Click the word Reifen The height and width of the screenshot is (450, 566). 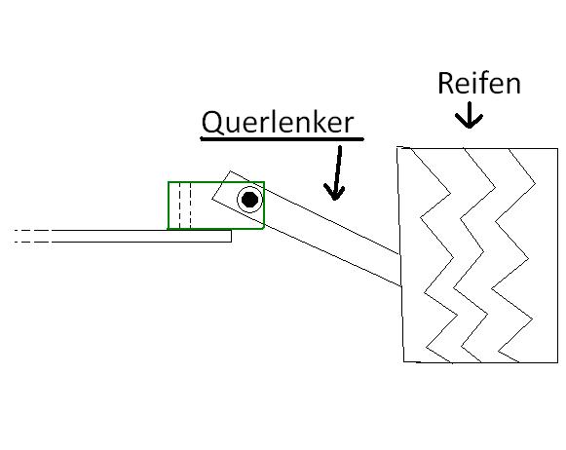pyautogui.click(x=479, y=83)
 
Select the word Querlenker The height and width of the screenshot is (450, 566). pyautogui.click(x=278, y=122)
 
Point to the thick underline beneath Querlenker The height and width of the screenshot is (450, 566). pyautogui.click(x=282, y=138)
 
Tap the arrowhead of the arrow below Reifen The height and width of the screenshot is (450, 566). pyautogui.click(x=469, y=122)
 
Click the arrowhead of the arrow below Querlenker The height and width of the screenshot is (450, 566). pyautogui.click(x=334, y=192)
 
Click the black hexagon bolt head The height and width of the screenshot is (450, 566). pyautogui.click(x=249, y=200)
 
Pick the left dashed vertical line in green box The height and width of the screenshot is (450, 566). pyautogui.click(x=179, y=206)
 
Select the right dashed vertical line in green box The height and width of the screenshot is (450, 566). pyautogui.click(x=190, y=206)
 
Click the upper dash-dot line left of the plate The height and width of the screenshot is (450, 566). pyautogui.click(x=32, y=230)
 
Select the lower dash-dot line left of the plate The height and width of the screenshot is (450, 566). pyautogui.click(x=32, y=242)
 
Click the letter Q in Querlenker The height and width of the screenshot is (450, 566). pyautogui.click(x=212, y=123)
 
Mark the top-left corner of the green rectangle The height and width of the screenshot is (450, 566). pyautogui.click(x=169, y=182)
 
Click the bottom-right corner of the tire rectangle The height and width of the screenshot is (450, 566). pyautogui.click(x=557, y=362)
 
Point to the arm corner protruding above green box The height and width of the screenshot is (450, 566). pyautogui.click(x=230, y=171)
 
